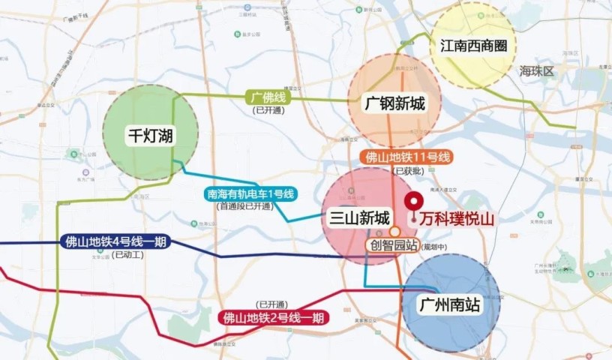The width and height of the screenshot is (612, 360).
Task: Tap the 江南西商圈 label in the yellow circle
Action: [x=473, y=45]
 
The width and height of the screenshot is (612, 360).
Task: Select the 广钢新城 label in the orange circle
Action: [x=394, y=103]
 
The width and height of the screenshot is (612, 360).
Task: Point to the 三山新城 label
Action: [x=360, y=218]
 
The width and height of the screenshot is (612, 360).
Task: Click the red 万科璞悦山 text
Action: [x=453, y=219]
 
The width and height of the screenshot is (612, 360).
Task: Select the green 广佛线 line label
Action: [x=270, y=97]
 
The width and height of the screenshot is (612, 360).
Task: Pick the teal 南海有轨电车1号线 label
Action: [x=251, y=194]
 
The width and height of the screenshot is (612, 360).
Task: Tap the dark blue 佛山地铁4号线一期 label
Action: [x=117, y=241]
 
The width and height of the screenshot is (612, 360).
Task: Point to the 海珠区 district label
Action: [x=535, y=71]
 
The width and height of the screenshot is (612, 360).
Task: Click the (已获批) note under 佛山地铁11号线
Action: [x=406, y=171]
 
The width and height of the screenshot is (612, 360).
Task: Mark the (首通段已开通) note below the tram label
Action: [x=245, y=205]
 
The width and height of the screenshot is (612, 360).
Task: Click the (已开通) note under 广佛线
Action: [x=268, y=109]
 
